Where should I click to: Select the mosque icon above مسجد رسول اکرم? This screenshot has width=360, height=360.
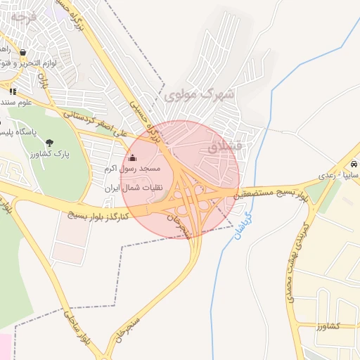(132, 157)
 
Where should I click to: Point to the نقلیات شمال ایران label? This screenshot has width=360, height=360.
(133, 188)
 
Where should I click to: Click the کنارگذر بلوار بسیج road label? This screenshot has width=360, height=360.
(98, 215)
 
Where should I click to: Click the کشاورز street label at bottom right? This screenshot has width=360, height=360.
(328, 326)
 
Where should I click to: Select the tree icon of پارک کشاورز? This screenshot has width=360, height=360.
(49, 143)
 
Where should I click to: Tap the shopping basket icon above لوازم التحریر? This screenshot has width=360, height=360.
(24, 52)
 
